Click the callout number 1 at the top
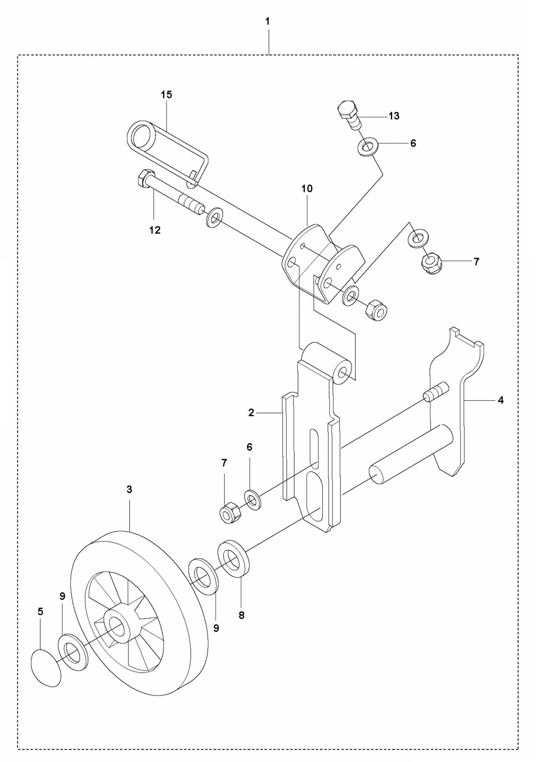[267, 22]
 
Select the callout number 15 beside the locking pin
[167, 95]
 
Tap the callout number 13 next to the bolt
[394, 116]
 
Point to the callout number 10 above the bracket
[307, 188]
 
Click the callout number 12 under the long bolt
[155, 230]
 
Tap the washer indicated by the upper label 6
[368, 146]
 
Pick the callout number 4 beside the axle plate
[500, 400]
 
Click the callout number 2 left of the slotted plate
[251, 413]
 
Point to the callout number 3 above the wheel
[129, 490]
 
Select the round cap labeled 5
[45, 667]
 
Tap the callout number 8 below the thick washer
[241, 615]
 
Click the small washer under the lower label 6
[252, 500]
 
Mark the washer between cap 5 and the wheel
[73, 652]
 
